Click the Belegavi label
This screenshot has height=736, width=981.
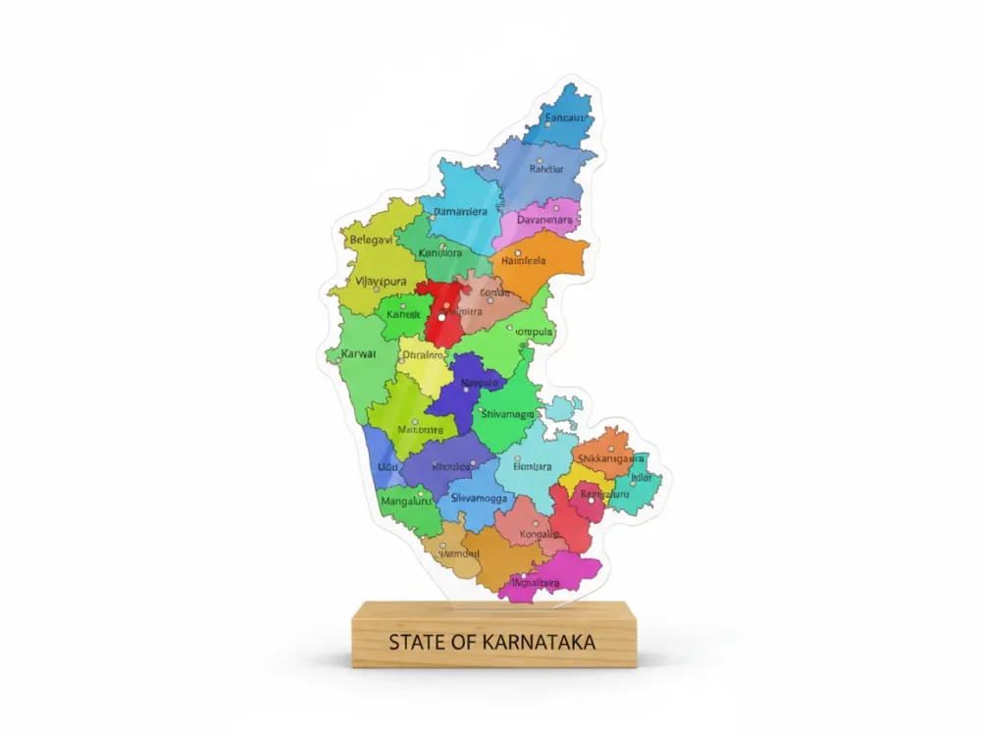pyautogui.click(x=371, y=239)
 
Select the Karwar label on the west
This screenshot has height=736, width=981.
pyautogui.click(x=358, y=352)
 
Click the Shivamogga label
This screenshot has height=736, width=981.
pyautogui.click(x=479, y=499)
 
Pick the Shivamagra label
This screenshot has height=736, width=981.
pyautogui.click(x=507, y=415)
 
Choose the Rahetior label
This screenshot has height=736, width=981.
pyautogui.click(x=546, y=169)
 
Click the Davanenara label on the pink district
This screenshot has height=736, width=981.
pyautogui.click(x=544, y=220)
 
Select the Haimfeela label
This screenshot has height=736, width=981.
pyautogui.click(x=524, y=261)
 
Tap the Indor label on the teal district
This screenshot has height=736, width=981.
pyautogui.click(x=642, y=478)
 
